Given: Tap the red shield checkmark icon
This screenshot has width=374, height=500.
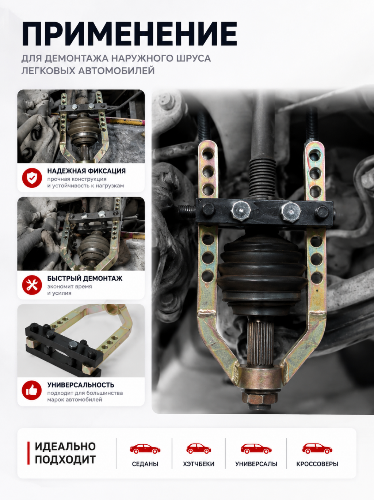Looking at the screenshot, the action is (32, 178).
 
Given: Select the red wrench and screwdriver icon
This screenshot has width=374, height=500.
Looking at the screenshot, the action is (32, 285).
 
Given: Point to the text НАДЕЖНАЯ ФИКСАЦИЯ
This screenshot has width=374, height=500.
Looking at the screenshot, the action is (86, 171).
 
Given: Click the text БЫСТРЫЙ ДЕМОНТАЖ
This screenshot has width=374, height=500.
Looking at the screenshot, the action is (85, 278).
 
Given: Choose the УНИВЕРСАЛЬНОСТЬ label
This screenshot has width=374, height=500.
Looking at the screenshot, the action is (81, 385).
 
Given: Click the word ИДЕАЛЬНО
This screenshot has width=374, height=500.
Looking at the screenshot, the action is (65, 447).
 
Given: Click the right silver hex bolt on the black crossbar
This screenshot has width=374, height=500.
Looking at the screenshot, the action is (291, 212).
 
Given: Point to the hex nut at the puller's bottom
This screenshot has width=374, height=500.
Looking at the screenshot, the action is (259, 398).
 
